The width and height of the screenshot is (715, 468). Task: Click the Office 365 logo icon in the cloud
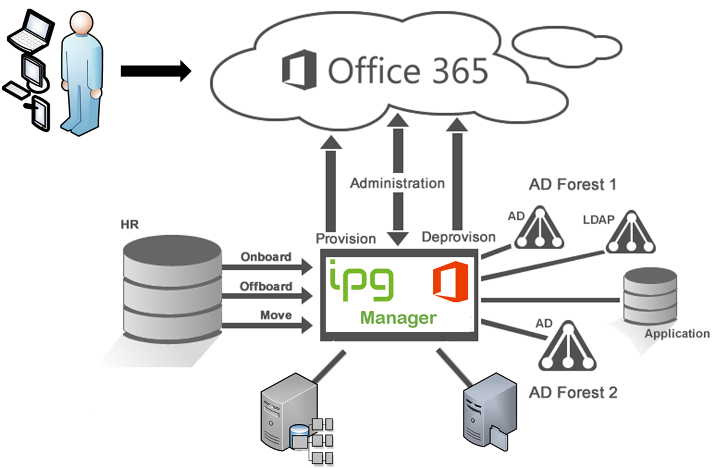click(x=300, y=70)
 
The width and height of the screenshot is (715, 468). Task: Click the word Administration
click(x=397, y=183)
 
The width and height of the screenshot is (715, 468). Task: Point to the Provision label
click(x=346, y=238)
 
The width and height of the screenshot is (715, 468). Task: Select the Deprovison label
click(x=458, y=237)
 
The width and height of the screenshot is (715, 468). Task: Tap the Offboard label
click(x=266, y=286)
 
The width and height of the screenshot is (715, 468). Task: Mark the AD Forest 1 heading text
click(x=573, y=185)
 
